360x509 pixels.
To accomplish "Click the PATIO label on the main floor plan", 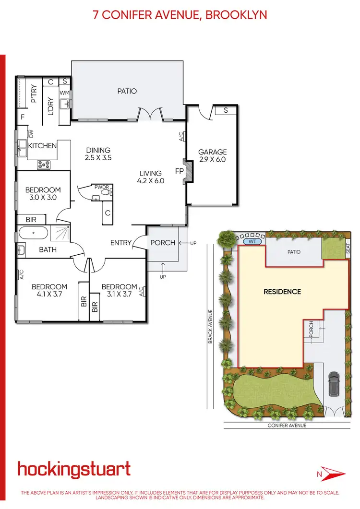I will tap(127, 91).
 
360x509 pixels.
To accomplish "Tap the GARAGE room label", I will tap(212, 152).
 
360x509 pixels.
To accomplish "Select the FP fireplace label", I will tap(180, 171).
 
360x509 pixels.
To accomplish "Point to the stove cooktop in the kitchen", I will tap(45, 164).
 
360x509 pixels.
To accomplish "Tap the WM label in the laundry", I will tap(65, 93).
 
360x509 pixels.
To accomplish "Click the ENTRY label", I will tap(120, 243).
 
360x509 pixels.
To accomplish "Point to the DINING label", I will tap(98, 150).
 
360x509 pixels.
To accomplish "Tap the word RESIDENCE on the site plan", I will tap(282, 291).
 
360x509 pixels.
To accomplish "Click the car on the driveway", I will tap(334, 384).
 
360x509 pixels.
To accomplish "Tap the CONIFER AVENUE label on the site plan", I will tap(287, 425).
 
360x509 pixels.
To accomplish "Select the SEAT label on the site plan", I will tap(348, 248).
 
